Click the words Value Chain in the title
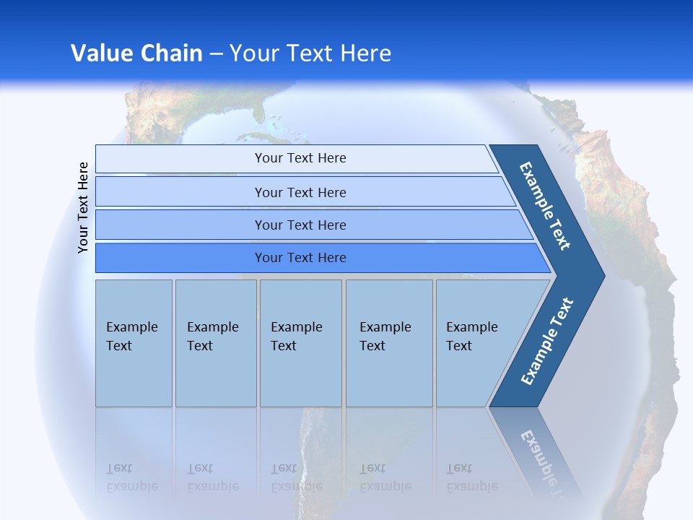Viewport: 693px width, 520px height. click(x=136, y=53)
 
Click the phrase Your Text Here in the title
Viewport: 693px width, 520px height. click(x=310, y=53)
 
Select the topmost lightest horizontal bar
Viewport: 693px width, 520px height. click(x=300, y=158)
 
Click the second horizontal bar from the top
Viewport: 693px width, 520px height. click(x=300, y=192)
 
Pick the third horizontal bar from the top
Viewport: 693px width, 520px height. click(x=300, y=225)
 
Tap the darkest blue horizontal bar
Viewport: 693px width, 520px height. click(x=300, y=258)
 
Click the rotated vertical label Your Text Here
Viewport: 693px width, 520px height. click(x=83, y=207)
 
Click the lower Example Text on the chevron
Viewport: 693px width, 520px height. click(x=546, y=342)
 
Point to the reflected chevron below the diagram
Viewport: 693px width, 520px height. click(x=538, y=451)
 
